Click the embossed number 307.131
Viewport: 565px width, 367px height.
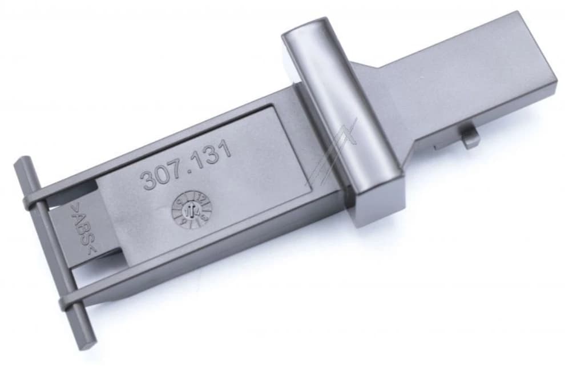[x=186, y=166]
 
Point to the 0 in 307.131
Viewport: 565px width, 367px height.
[x=164, y=175]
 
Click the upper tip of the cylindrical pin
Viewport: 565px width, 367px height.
[x=21, y=163]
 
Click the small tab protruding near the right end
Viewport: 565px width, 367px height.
[x=470, y=137]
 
